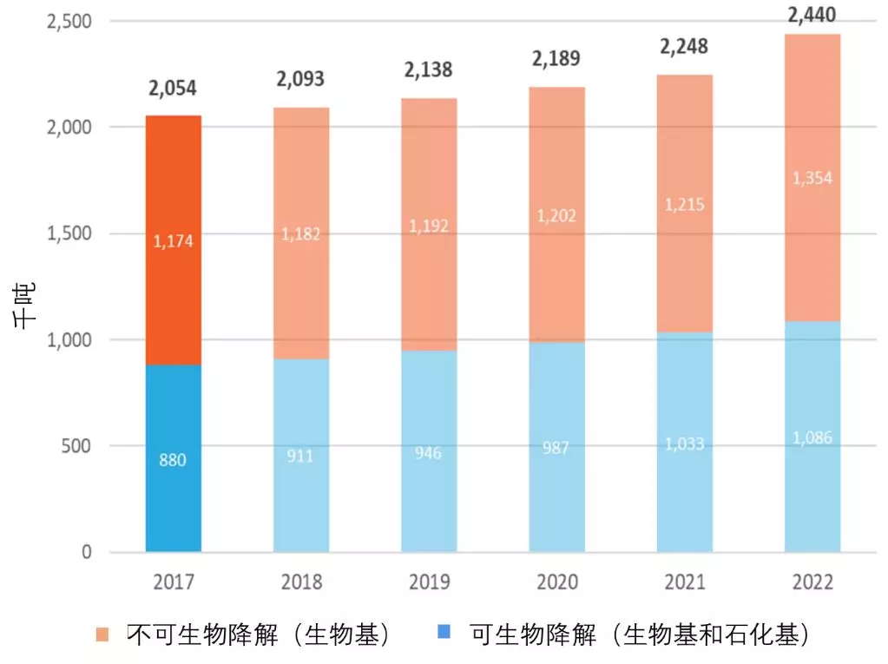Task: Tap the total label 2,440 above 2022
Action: [x=812, y=14]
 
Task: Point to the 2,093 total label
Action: [x=300, y=79]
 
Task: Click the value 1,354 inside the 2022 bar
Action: [x=812, y=178]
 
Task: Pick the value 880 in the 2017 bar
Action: [x=173, y=460]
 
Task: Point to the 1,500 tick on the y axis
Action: [x=67, y=233]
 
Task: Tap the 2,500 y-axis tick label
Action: [x=67, y=21]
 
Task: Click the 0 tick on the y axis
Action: [x=87, y=552]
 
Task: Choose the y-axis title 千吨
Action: [x=23, y=308]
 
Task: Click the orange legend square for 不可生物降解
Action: [x=102, y=635]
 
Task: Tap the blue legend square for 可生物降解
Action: [x=444, y=635]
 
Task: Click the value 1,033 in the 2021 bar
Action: [x=684, y=444]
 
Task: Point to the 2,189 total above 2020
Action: [x=556, y=59]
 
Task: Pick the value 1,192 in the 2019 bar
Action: [x=428, y=226]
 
